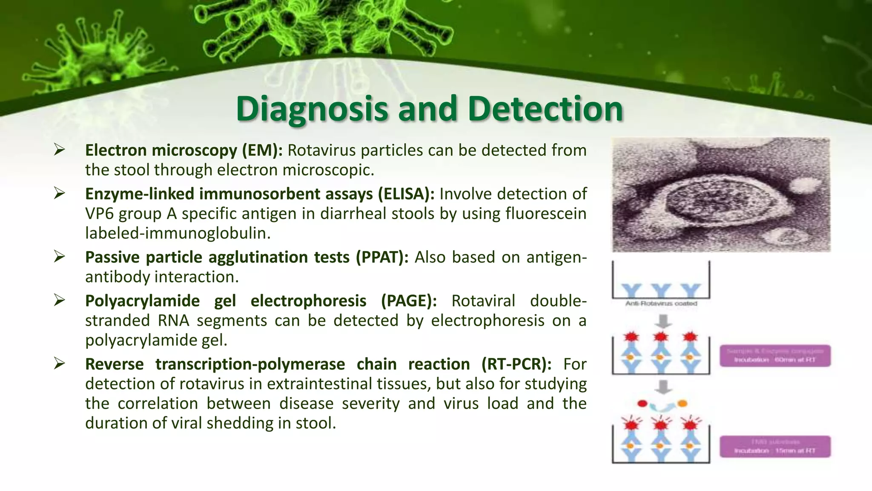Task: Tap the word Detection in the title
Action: (x=545, y=109)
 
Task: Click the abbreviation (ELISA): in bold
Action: (x=406, y=194)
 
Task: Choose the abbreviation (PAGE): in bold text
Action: (x=409, y=301)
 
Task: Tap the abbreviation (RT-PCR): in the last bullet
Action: (x=516, y=364)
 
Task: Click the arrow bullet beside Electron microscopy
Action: (x=59, y=150)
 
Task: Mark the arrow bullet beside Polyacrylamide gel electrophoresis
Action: (x=59, y=300)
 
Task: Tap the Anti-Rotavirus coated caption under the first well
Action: (x=661, y=303)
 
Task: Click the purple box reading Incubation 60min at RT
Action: (x=775, y=356)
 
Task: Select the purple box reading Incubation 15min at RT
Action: (x=775, y=447)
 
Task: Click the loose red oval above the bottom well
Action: (x=643, y=403)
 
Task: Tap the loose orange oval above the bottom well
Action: (x=682, y=403)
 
